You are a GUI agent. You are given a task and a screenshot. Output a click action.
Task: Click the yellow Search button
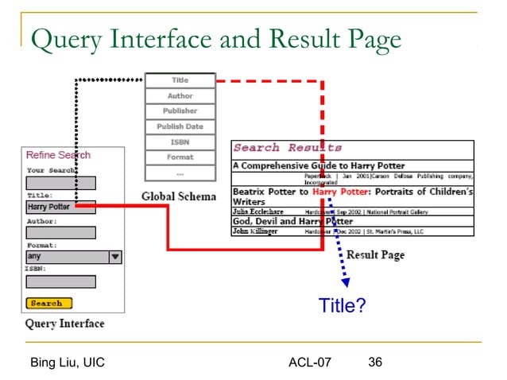[48, 303]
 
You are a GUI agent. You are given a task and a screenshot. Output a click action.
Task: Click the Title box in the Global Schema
[180, 80]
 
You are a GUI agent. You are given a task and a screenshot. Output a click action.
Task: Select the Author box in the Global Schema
[180, 96]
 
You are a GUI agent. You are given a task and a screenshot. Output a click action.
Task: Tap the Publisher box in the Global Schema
[180, 111]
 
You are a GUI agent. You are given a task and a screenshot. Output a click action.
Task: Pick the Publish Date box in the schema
[180, 126]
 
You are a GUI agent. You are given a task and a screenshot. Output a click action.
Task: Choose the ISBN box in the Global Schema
[180, 142]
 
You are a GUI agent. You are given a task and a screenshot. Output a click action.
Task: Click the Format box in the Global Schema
[180, 157]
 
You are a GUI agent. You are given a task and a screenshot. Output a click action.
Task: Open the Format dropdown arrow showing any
[114, 257]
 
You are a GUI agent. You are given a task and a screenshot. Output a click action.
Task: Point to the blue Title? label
[342, 305]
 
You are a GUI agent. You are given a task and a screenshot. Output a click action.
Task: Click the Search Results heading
[288, 148]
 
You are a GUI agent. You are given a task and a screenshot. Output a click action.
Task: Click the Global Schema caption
[179, 196]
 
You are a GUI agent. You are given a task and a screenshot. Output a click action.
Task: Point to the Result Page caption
[375, 255]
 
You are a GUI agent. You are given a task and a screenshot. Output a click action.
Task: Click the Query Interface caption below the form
[64, 324]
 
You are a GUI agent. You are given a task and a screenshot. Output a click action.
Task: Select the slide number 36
[375, 363]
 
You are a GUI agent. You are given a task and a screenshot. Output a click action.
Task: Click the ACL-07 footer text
[310, 363]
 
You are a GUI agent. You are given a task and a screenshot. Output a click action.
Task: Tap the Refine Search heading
[58, 155]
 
